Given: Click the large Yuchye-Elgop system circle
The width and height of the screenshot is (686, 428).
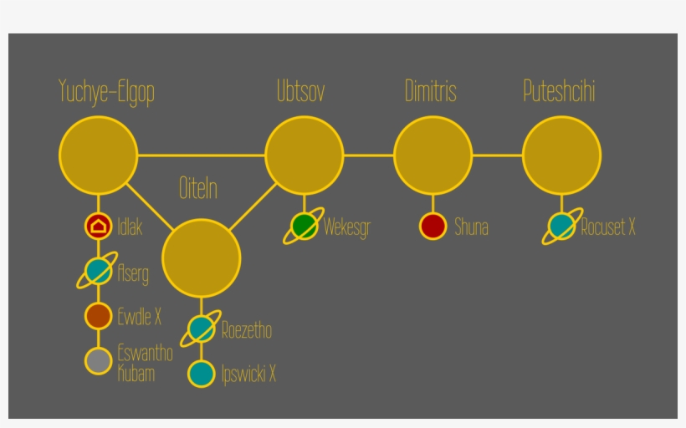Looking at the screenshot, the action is [99, 155].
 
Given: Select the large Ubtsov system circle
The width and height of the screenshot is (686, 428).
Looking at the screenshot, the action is [304, 155].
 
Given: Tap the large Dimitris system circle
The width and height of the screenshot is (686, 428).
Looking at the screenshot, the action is [433, 155].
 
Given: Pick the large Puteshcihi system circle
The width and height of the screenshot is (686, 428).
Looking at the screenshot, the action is [561, 155].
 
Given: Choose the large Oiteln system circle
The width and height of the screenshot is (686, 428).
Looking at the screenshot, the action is [202, 258].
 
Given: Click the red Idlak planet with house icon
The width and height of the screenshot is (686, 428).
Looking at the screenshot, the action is [99, 226].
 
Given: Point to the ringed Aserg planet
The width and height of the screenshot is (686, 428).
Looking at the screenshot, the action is [98, 271].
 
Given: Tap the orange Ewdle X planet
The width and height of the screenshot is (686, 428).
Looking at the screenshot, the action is [99, 316].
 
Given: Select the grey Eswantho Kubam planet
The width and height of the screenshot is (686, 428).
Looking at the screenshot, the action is [99, 361].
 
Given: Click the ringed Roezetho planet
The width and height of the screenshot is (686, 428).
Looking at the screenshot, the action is [202, 329].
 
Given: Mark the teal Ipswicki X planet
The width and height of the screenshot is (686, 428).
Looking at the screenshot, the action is [202, 374].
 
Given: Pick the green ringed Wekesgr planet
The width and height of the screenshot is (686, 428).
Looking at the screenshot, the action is [304, 226].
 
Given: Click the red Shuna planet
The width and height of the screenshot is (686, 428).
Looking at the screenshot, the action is [433, 226].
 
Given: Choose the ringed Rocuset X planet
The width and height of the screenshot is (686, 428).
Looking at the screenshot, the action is [562, 226].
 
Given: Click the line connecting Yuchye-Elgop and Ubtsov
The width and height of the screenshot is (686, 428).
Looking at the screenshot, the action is [202, 155].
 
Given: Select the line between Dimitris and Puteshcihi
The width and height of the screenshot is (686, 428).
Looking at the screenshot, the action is [498, 155].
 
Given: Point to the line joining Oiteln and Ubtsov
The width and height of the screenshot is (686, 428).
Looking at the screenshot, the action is [253, 206].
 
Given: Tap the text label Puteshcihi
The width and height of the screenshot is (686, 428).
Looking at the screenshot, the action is [559, 91].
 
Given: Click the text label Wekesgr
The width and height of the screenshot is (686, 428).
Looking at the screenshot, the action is [347, 227].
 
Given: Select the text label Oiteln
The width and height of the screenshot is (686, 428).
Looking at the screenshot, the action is [198, 188].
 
